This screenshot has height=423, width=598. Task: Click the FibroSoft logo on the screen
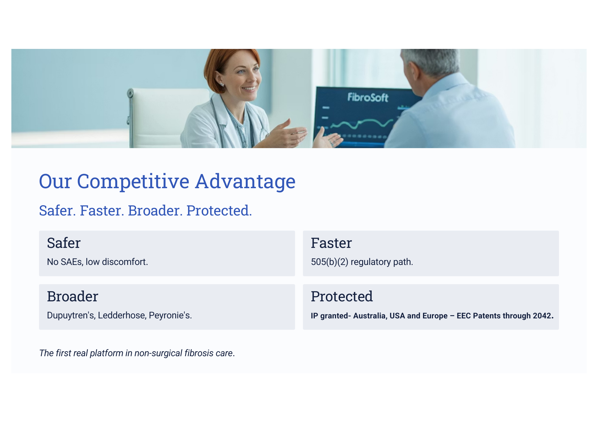pyautogui.click(x=368, y=97)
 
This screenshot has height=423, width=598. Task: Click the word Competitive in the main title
pyautogui.click(x=133, y=182)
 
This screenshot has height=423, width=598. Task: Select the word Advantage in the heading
pyautogui.click(x=245, y=182)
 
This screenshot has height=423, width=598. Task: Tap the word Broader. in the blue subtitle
pyautogui.click(x=155, y=211)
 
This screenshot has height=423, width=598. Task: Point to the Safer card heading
pyautogui.click(x=64, y=243)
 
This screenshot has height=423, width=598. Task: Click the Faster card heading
pyautogui.click(x=331, y=243)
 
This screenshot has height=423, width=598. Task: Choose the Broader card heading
pyautogui.click(x=72, y=296)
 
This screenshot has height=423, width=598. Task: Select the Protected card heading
pyautogui.click(x=342, y=296)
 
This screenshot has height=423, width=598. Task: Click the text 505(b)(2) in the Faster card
pyautogui.click(x=330, y=262)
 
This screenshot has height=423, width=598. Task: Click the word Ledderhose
pyautogui.click(x=122, y=315)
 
